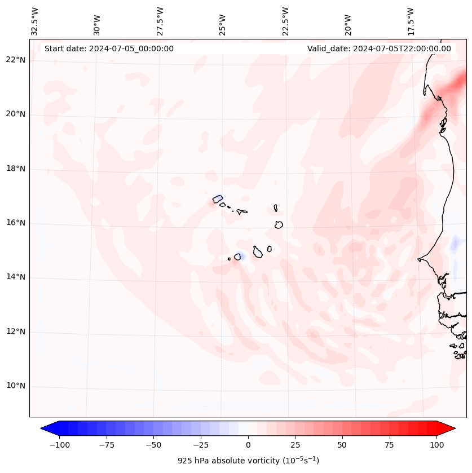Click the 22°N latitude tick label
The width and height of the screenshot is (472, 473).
pyautogui.click(x=16, y=60)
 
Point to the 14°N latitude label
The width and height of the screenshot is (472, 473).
pyautogui.click(x=16, y=277)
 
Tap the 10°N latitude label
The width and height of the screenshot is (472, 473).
pyautogui.click(x=16, y=386)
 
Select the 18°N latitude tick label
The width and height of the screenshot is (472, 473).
pyautogui.click(x=16, y=169)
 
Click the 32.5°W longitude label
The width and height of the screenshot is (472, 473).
pyautogui.click(x=35, y=21)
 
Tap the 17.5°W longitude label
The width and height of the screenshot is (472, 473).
pyautogui.click(x=411, y=21)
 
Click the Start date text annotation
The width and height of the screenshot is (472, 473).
pyautogui.click(x=109, y=48)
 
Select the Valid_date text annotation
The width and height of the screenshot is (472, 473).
pyautogui.click(x=379, y=48)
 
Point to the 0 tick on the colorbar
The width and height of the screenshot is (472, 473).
pyautogui.click(x=248, y=445)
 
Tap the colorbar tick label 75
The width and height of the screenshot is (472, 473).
pyautogui.click(x=389, y=445)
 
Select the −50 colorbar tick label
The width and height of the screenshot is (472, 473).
pyautogui.click(x=152, y=445)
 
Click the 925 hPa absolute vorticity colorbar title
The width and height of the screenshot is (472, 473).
pyautogui.click(x=248, y=461)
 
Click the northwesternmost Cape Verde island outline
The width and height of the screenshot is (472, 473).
pyautogui.click(x=218, y=199)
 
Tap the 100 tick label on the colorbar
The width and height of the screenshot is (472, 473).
pyautogui.click(x=436, y=445)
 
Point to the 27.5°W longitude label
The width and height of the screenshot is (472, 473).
pyautogui.click(x=160, y=21)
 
